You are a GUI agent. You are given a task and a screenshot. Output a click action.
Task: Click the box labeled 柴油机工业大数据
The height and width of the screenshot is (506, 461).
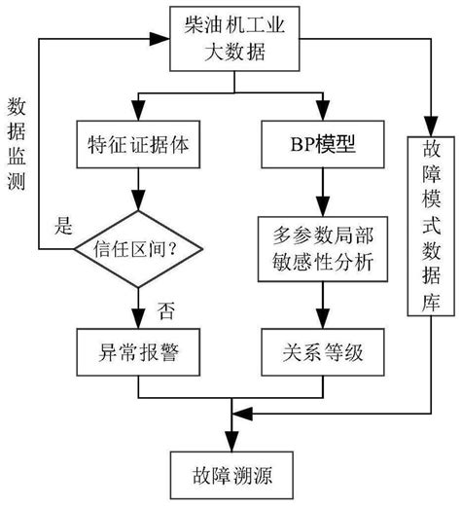230,40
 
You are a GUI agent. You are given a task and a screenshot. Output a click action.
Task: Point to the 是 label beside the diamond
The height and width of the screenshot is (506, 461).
63,230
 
